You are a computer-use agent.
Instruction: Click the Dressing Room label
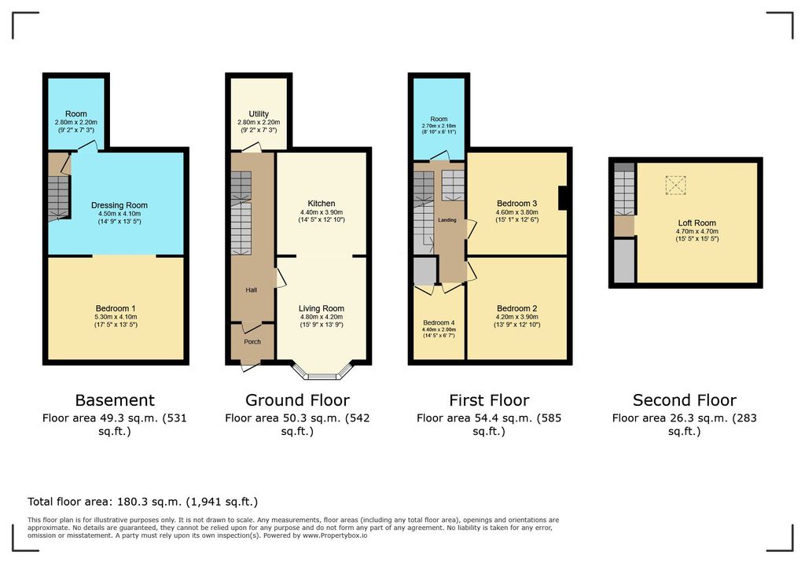[x=119, y=205]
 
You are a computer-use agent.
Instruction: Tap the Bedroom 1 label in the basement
[x=116, y=309]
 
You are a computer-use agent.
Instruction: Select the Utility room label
[x=259, y=114]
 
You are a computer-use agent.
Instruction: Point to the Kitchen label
[x=322, y=204]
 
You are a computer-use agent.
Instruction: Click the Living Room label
[x=322, y=309]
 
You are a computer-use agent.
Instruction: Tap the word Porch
[x=252, y=341]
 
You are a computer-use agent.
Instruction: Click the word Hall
[x=251, y=290]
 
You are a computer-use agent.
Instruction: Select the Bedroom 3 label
[x=517, y=204]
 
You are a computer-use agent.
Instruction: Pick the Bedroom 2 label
[x=517, y=309]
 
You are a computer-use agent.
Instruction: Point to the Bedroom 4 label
[x=439, y=322]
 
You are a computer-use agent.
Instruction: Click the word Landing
[x=447, y=220]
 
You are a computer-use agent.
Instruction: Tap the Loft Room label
[x=697, y=223]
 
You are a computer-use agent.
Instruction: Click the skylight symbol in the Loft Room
[x=675, y=185]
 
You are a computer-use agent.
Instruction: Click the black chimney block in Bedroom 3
[x=563, y=198]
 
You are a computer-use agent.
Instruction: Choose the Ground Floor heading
[x=297, y=400]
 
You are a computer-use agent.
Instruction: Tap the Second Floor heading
[x=685, y=400]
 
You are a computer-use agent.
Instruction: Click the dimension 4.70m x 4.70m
[x=697, y=232]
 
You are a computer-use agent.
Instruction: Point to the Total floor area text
[x=143, y=502]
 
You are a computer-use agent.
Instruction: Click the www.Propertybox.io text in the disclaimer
[x=335, y=535]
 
